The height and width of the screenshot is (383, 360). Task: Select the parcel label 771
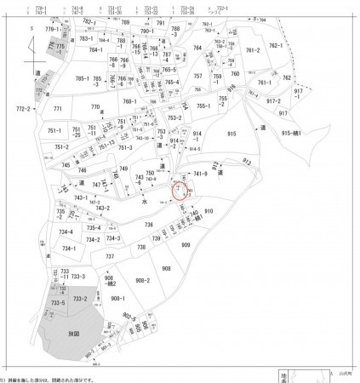pos(58,110)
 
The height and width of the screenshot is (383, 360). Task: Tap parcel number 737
pos(110,256)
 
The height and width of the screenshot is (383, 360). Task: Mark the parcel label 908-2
pos(142,280)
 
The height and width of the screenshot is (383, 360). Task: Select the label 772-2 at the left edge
pos(23,109)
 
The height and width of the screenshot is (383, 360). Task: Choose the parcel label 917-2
pos(273,100)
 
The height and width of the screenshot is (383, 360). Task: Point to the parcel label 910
pos(209,210)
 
